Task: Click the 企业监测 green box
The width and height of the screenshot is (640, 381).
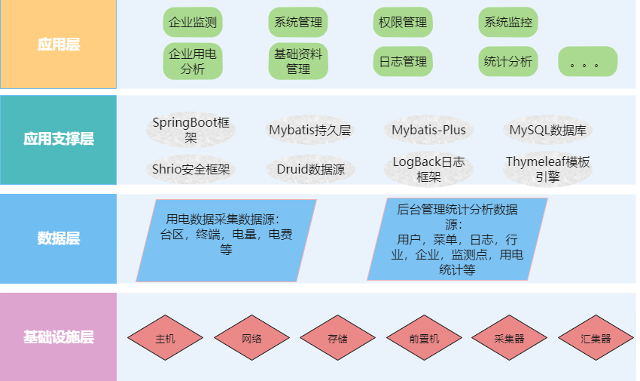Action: [193, 23]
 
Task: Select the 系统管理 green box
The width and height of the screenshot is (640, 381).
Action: [298, 23]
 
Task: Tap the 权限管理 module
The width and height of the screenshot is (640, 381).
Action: [403, 23]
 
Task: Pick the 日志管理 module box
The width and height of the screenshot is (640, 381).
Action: [403, 62]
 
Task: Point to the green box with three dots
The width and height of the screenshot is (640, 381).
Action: [587, 62]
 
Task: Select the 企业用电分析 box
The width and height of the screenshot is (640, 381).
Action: [193, 62]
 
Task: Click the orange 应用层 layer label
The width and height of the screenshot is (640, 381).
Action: [59, 45]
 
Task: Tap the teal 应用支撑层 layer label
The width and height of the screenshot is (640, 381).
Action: [59, 140]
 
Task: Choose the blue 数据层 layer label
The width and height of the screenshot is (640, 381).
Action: [59, 238]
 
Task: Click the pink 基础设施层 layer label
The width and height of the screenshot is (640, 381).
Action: [59, 336]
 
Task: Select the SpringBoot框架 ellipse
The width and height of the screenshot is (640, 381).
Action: [190, 130]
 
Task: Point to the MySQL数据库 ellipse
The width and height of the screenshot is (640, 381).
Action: [547, 130]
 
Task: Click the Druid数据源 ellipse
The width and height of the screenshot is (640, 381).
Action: [310, 170]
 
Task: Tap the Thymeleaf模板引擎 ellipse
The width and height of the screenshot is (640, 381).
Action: [547, 170]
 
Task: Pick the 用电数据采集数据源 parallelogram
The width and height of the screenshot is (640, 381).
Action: [226, 240]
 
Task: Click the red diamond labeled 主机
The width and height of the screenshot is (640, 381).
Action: [165, 339]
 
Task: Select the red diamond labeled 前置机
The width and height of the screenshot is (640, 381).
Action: [424, 339]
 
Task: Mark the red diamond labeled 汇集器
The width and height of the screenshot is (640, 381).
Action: [596, 339]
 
